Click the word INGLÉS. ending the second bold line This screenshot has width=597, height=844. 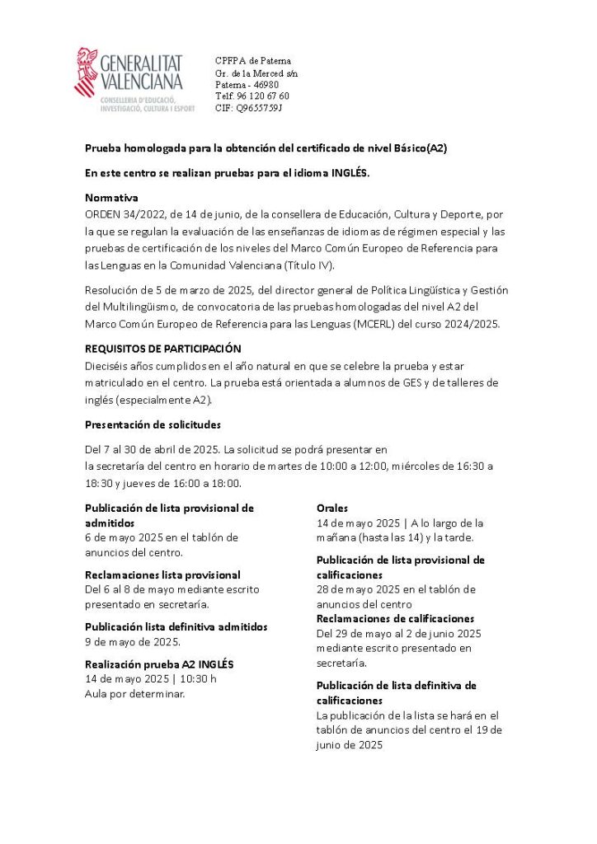[x=350, y=173]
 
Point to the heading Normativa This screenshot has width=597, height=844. [x=111, y=198]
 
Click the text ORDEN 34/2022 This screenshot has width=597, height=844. [x=122, y=213]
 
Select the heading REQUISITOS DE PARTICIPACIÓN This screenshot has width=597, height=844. [x=162, y=349]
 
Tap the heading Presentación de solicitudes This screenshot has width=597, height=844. [x=153, y=424]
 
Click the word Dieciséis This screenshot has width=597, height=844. [x=106, y=365]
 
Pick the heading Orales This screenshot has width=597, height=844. [x=332, y=508]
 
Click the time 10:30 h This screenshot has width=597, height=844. [x=197, y=678]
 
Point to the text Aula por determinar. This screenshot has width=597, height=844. [x=135, y=693]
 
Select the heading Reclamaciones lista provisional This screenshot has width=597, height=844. [x=162, y=574]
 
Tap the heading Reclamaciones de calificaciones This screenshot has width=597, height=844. [x=395, y=618]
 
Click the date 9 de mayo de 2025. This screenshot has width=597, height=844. [x=133, y=641]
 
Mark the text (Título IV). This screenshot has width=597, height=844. [x=309, y=265]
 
